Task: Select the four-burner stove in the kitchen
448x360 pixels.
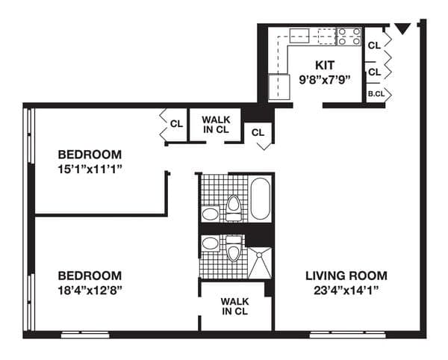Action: click(349, 35)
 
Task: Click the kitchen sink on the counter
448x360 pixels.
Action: click(300, 34)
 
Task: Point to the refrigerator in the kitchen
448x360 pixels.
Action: click(278, 86)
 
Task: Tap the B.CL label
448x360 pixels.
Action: click(374, 95)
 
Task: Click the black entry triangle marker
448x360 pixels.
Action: click(402, 29)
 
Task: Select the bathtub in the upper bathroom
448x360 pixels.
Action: click(260, 198)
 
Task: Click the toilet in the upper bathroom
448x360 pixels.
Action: click(233, 206)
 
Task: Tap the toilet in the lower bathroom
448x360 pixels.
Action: click(234, 249)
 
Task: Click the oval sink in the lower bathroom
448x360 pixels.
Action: click(211, 243)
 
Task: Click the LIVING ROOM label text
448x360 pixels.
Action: click(346, 276)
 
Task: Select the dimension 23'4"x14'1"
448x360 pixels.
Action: click(346, 290)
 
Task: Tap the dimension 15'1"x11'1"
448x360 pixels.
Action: click(90, 169)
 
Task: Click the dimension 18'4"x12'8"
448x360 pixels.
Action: click(90, 289)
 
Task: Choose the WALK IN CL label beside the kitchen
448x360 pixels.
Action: click(215, 125)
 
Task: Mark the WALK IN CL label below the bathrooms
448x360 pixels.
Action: click(235, 306)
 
